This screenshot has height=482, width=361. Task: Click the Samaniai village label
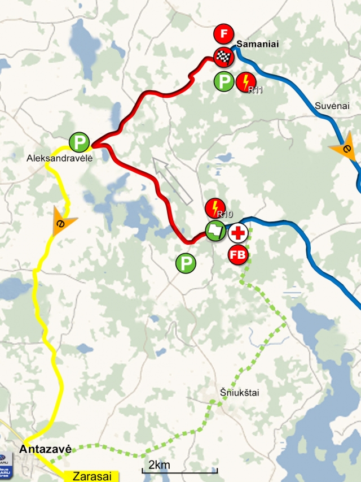click(x=258, y=44)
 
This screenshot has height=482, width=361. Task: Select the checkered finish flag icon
click(x=223, y=55)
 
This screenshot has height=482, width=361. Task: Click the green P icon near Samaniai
click(x=224, y=82)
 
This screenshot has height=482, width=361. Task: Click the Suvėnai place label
click(x=333, y=106)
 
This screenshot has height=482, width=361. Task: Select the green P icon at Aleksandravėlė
click(x=79, y=142)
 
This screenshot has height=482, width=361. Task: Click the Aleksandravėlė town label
click(x=60, y=159)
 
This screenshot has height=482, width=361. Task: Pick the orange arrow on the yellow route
click(x=63, y=220)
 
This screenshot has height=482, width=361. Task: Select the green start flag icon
click(x=215, y=231)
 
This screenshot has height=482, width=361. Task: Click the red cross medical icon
click(x=238, y=232)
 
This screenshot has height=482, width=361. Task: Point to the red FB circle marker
click(x=238, y=255)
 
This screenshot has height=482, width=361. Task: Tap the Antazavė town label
click(x=45, y=449)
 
